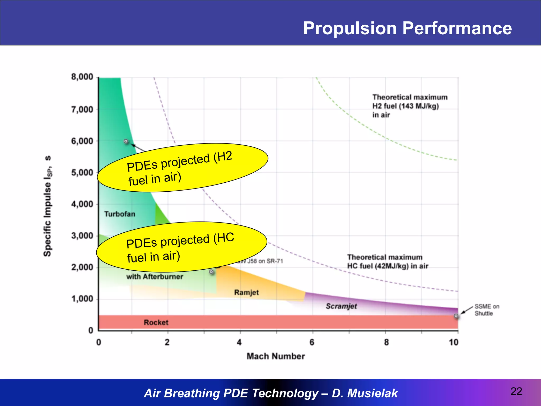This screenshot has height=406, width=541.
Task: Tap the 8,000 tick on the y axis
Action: [x=82, y=77]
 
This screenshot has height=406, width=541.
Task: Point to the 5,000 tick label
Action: [x=82, y=173]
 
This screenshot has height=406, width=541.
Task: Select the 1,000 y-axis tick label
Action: [x=82, y=299]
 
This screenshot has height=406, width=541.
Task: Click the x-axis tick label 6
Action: [x=312, y=342]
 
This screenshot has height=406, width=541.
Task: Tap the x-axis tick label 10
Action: [x=453, y=342]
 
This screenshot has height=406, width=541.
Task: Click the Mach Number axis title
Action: [x=276, y=356]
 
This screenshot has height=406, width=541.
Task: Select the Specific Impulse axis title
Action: [x=48, y=206]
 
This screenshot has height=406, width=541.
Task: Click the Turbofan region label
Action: [x=119, y=214]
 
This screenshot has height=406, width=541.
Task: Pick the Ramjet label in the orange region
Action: [x=246, y=292]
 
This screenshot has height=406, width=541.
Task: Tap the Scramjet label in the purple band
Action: [x=341, y=306]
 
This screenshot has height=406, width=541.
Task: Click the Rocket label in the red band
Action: [x=156, y=322]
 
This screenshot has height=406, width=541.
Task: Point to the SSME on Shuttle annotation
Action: [x=486, y=310]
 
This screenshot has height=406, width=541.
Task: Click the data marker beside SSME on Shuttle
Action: [x=456, y=316]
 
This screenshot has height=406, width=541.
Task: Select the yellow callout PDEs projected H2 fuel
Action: [x=182, y=168]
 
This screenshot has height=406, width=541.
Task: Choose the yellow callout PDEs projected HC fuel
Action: [x=182, y=247]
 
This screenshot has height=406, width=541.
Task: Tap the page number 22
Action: [x=516, y=391]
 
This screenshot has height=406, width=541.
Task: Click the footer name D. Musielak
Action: [x=365, y=393]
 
